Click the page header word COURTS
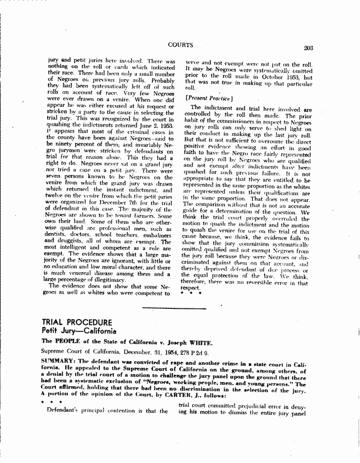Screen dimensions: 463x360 [x=181, y=45]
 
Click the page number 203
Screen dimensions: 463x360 [x=309, y=47]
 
